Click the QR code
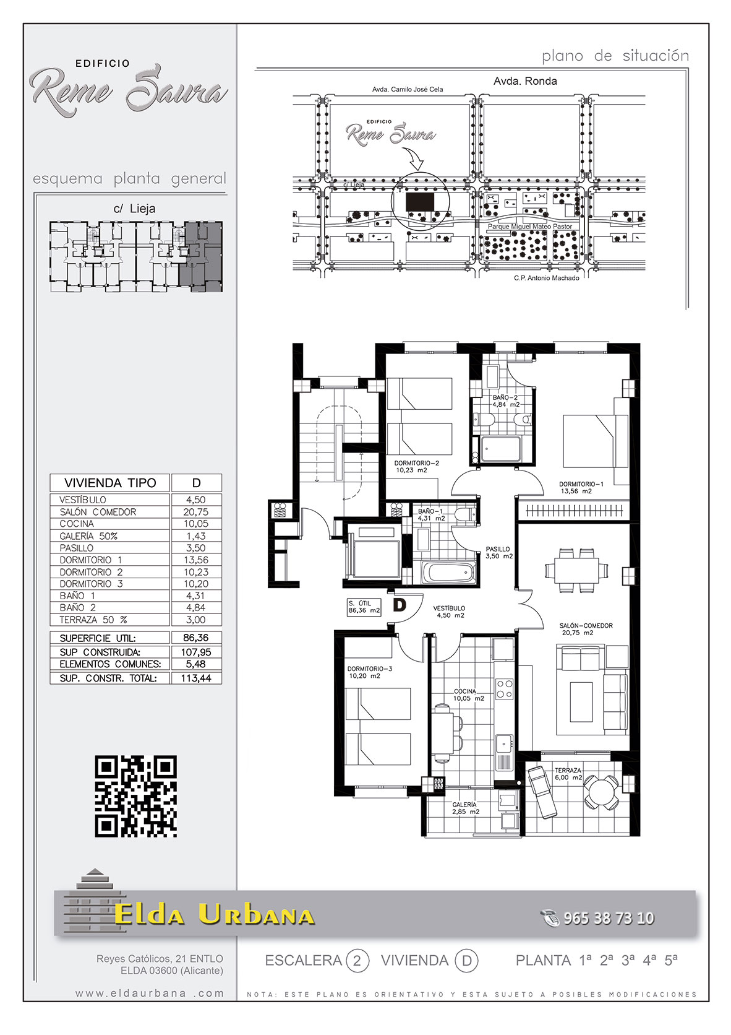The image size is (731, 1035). pyautogui.click(x=135, y=796)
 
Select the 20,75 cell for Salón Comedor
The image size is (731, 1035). pyautogui.click(x=196, y=511)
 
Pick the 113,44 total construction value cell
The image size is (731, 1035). pyautogui.click(x=196, y=678)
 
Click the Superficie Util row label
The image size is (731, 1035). pyautogui.click(x=98, y=638)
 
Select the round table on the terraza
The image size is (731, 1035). pyautogui.click(x=601, y=792)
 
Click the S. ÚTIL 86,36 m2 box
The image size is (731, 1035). pyautogui.click(x=365, y=607)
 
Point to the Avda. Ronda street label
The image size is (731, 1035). pyautogui.click(x=525, y=81)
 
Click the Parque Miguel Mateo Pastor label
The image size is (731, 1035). pyautogui.click(x=530, y=227)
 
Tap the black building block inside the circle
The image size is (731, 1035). pyautogui.click(x=420, y=202)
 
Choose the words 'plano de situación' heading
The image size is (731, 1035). pyautogui.click(x=615, y=56)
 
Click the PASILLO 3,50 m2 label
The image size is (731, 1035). pyautogui.click(x=498, y=553)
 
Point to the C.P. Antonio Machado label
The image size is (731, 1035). pyautogui.click(x=547, y=278)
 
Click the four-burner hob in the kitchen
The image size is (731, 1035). pyautogui.click(x=504, y=688)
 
